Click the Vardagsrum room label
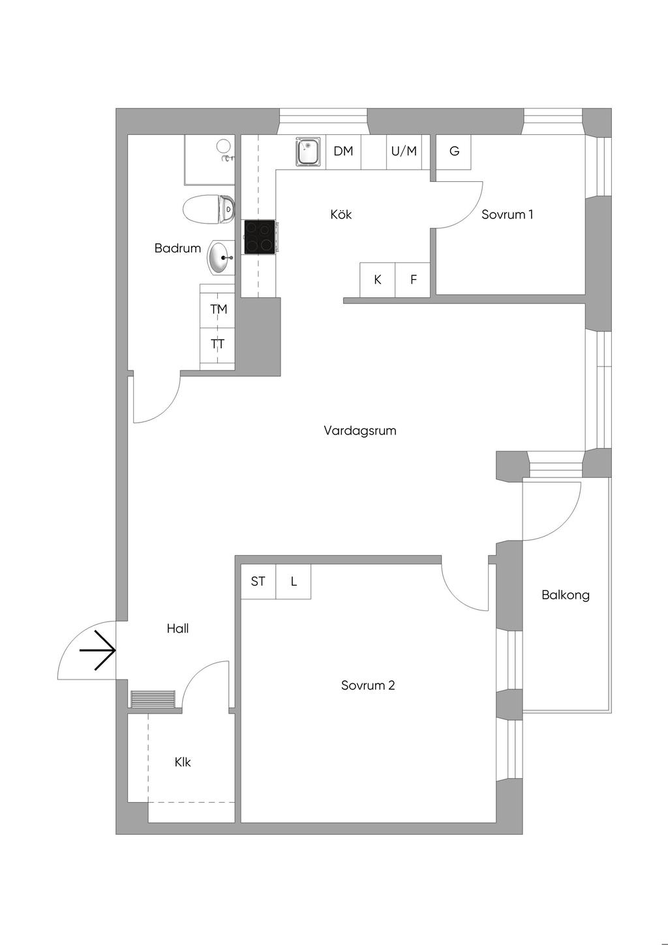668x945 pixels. pyautogui.click(x=360, y=431)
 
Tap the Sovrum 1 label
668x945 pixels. pyautogui.click(x=508, y=215)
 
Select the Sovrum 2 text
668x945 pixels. pyautogui.click(x=368, y=685)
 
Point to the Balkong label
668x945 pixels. pyautogui.click(x=566, y=595)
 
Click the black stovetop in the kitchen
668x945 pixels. pyautogui.click(x=260, y=237)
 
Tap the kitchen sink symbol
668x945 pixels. pyautogui.click(x=308, y=151)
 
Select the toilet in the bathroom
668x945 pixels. pyautogui.click(x=209, y=208)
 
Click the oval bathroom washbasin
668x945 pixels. pyautogui.click(x=220, y=258)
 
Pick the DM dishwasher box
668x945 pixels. pyautogui.click(x=344, y=152)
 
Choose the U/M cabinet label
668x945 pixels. pyautogui.click(x=404, y=151)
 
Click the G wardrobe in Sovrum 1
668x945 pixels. pyautogui.click(x=453, y=152)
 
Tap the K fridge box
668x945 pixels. pyautogui.click(x=378, y=280)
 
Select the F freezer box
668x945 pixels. pyautogui.click(x=413, y=280)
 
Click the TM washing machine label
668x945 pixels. pyautogui.click(x=219, y=309)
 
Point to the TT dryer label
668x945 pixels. pyautogui.click(x=218, y=344)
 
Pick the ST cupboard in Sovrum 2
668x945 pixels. pyautogui.click(x=258, y=581)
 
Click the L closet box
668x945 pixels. pyautogui.click(x=294, y=581)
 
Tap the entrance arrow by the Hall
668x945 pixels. pyautogui.click(x=97, y=650)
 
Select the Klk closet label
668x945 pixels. pyautogui.click(x=183, y=762)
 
